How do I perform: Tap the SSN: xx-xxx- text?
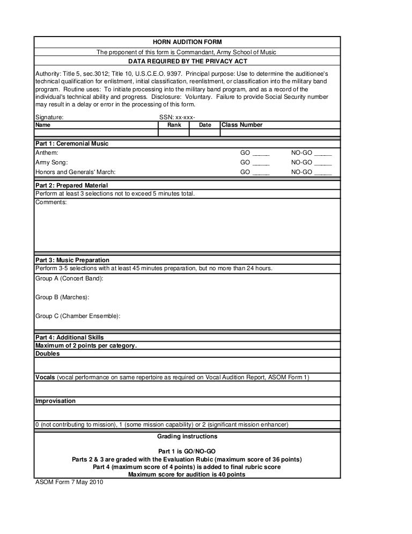(x=178, y=117)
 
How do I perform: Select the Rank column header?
(x=174, y=125)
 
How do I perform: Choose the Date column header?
(x=205, y=125)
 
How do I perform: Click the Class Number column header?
(x=242, y=125)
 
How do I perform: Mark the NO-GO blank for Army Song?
(x=322, y=163)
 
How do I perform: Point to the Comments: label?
(x=51, y=203)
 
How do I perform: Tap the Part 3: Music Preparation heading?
(x=72, y=260)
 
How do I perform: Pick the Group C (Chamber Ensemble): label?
(x=78, y=316)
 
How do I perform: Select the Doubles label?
(x=47, y=354)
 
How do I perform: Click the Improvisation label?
(x=55, y=401)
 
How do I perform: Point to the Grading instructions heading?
(x=187, y=436)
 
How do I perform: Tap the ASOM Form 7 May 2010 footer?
(x=69, y=481)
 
